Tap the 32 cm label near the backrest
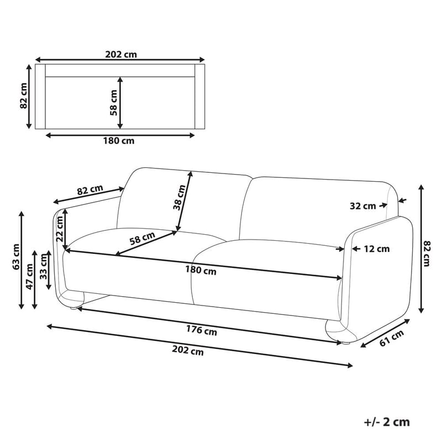pos(362,206)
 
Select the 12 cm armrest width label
pos(376,249)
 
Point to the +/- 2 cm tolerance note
pos(387,422)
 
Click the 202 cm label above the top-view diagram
pos(120,54)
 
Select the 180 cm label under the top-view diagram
pos(118,140)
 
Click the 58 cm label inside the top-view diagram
pos(113,102)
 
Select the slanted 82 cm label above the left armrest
pos(90,190)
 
